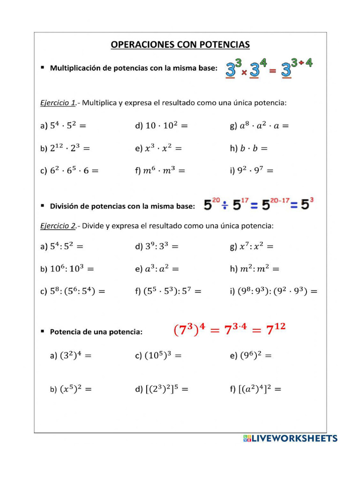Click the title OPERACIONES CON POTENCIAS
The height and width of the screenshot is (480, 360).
(x=180, y=45)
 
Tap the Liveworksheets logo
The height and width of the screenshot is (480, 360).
(x=290, y=438)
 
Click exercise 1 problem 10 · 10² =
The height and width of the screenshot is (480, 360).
(x=161, y=126)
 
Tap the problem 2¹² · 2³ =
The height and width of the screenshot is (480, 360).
(x=65, y=148)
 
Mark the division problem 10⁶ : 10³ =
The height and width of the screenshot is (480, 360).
(x=67, y=269)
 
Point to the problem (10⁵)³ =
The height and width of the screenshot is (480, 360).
(x=158, y=356)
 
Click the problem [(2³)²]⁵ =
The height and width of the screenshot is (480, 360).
(x=162, y=389)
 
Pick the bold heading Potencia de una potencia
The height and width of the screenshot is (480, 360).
(x=96, y=332)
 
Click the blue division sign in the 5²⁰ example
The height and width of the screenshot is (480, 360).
(x=225, y=205)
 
